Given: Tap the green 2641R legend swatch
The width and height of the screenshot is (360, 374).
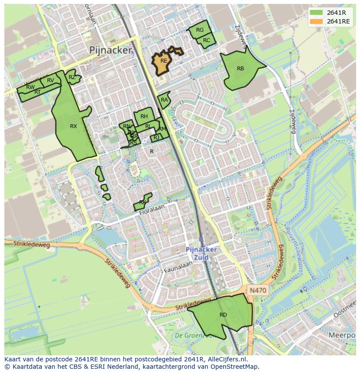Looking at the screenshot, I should (316, 13).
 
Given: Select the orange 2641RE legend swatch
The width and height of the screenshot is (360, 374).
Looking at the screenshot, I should (316, 21).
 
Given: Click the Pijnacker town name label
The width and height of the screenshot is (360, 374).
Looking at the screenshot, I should (110, 50).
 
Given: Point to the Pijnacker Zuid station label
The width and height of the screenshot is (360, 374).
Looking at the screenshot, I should (201, 253).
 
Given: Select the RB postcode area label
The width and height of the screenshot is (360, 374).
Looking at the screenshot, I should (240, 69).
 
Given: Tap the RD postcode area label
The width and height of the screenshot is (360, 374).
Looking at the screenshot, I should (223, 315).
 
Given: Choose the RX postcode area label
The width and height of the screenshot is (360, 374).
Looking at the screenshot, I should (73, 126).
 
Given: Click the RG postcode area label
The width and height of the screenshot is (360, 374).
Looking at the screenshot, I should (200, 30).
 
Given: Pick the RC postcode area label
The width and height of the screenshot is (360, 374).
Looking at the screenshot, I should (207, 40).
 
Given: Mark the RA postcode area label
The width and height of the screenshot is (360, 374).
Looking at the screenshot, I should (164, 100).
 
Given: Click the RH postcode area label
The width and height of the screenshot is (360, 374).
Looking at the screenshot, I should (144, 116).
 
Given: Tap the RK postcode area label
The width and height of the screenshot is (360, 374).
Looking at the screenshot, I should (143, 203).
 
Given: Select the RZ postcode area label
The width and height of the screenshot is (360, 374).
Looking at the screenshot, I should (72, 77).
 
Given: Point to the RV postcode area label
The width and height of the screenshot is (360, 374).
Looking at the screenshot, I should (50, 80).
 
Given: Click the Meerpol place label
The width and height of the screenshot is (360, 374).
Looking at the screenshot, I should (342, 335).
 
